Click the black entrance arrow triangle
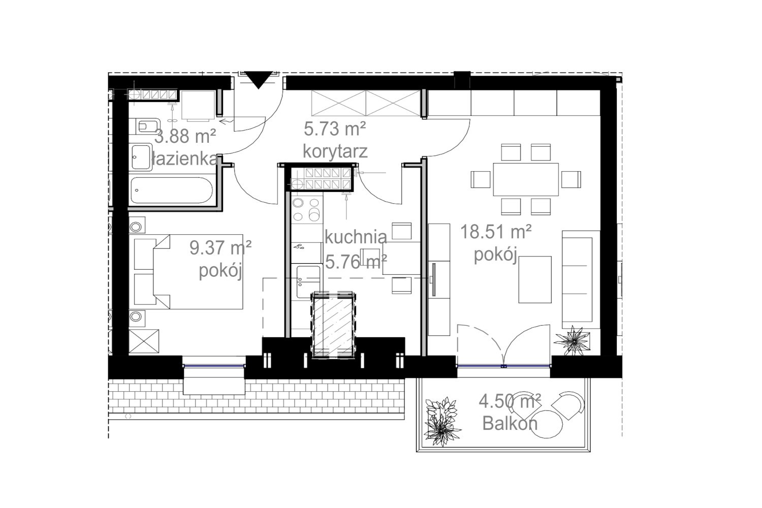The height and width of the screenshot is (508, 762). [259, 79]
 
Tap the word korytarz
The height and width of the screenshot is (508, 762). [335, 152]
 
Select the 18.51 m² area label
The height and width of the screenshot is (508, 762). [496, 232]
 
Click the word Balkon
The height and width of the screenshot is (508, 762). [510, 424]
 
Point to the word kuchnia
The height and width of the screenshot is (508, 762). [356, 237]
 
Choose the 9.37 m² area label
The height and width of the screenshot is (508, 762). [220, 247]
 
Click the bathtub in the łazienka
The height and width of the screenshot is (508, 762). [172, 190]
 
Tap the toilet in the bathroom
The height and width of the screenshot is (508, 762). [147, 126]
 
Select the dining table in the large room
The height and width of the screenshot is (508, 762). [526, 179]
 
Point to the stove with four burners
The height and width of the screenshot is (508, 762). [306, 209]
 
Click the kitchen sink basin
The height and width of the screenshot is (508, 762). [308, 282]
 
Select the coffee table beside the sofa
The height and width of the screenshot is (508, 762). [535, 279]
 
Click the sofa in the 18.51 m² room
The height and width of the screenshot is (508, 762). [580, 279]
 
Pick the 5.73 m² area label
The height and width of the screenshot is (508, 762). [335, 129]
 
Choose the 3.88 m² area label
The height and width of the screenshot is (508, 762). [185, 136]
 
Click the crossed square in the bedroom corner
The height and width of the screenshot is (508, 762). [144, 341]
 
